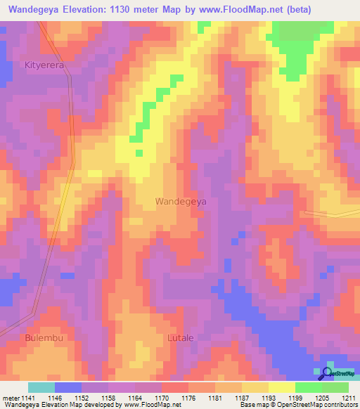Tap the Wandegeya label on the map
click(x=181, y=201)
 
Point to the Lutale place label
click(x=181, y=338)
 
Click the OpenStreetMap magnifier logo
click(x=327, y=372)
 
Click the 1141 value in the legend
click(x=27, y=398)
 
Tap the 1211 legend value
click(x=347, y=398)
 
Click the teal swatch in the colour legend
click(x=41, y=387)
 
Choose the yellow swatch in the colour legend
click(x=282, y=387)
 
